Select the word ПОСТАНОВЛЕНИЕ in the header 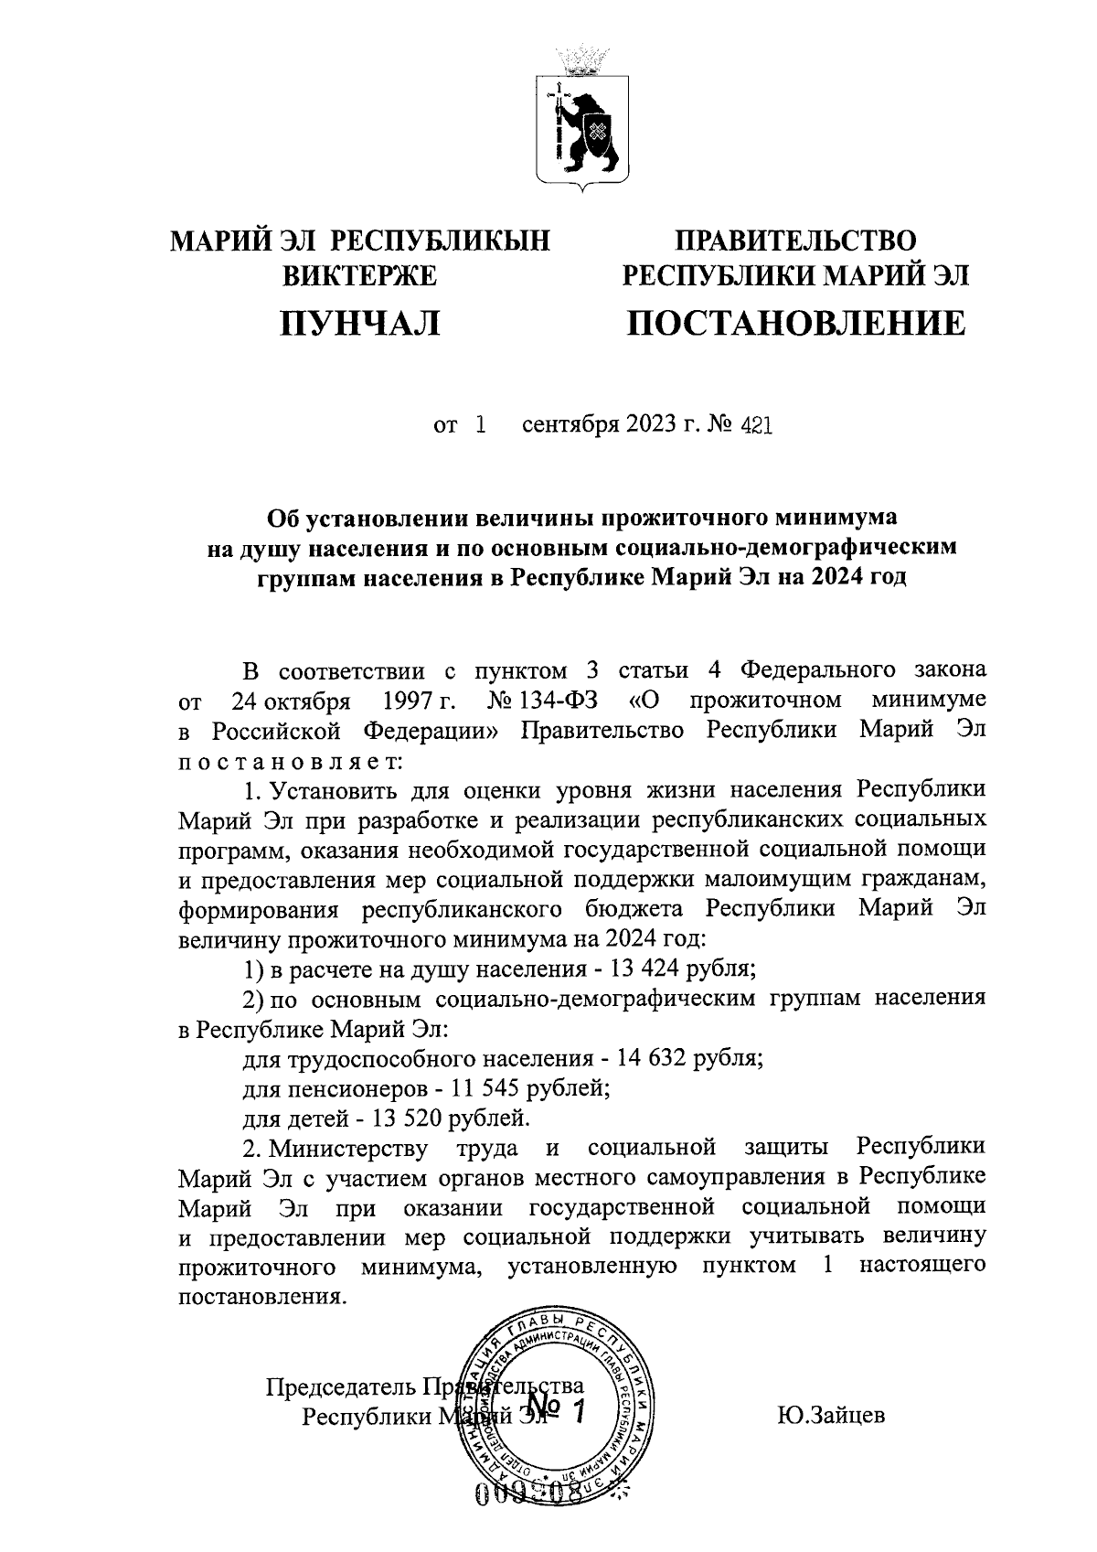(794, 324)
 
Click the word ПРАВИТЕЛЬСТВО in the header (794, 241)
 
